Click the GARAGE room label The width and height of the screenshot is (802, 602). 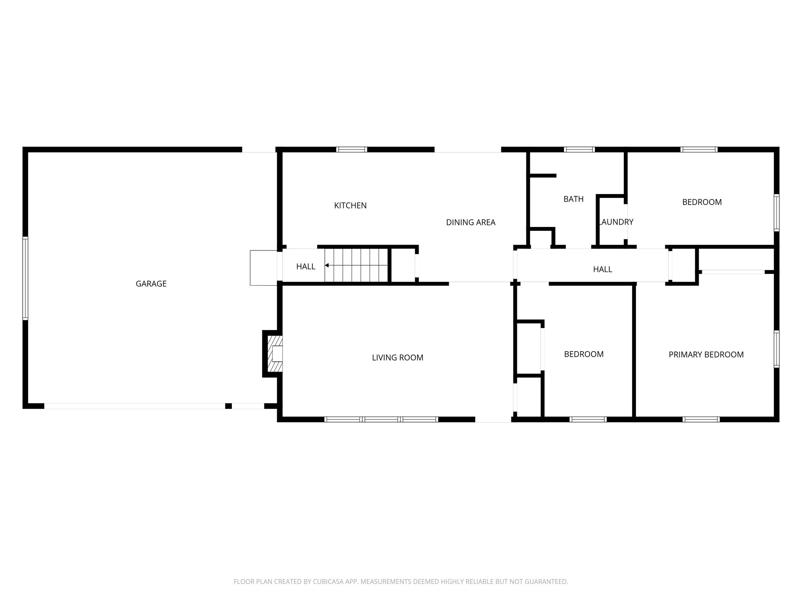[151, 284]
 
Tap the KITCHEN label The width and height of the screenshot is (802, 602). [350, 205]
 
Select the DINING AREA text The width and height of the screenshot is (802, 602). [471, 223]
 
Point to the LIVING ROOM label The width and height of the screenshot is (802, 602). [397, 357]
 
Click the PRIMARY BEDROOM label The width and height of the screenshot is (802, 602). [706, 355]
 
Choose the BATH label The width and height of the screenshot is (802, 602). [573, 199]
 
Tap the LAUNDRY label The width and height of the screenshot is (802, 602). [616, 222]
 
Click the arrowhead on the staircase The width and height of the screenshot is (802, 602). [327, 265]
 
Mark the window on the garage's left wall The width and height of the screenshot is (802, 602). [25, 278]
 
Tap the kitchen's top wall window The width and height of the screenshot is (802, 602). [351, 149]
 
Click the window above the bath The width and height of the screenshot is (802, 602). [579, 149]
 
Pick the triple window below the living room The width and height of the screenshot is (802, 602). [381, 419]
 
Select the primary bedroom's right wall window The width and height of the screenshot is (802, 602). [776, 349]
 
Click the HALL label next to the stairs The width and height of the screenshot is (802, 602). [305, 267]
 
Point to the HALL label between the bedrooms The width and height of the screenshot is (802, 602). [602, 269]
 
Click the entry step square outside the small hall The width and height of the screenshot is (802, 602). [264, 268]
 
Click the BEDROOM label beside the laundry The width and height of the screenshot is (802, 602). [702, 202]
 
